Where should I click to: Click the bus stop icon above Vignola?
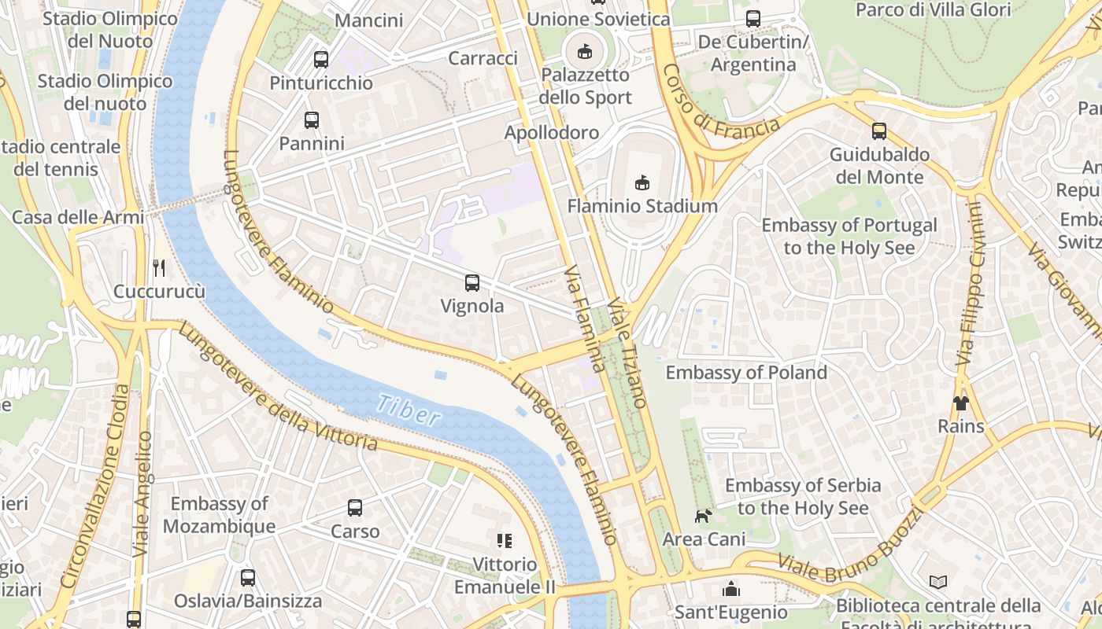point(472,283)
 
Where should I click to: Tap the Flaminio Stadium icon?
point(642,183)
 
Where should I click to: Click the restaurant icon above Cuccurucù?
point(159,268)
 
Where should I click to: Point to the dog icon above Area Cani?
point(702,516)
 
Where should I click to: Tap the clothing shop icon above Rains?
point(960,403)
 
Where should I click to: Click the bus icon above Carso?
point(355,508)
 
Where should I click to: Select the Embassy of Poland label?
point(746,372)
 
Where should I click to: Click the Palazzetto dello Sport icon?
point(584,52)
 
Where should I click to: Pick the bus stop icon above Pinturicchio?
point(320,59)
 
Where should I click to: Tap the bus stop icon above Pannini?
point(312,120)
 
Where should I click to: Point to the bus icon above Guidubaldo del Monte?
point(879,131)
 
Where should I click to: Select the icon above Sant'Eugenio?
point(731,589)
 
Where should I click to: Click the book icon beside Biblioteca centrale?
point(937,583)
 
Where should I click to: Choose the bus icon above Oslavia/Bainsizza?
point(248,578)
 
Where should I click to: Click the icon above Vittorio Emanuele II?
point(505,540)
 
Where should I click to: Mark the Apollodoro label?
point(552,132)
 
